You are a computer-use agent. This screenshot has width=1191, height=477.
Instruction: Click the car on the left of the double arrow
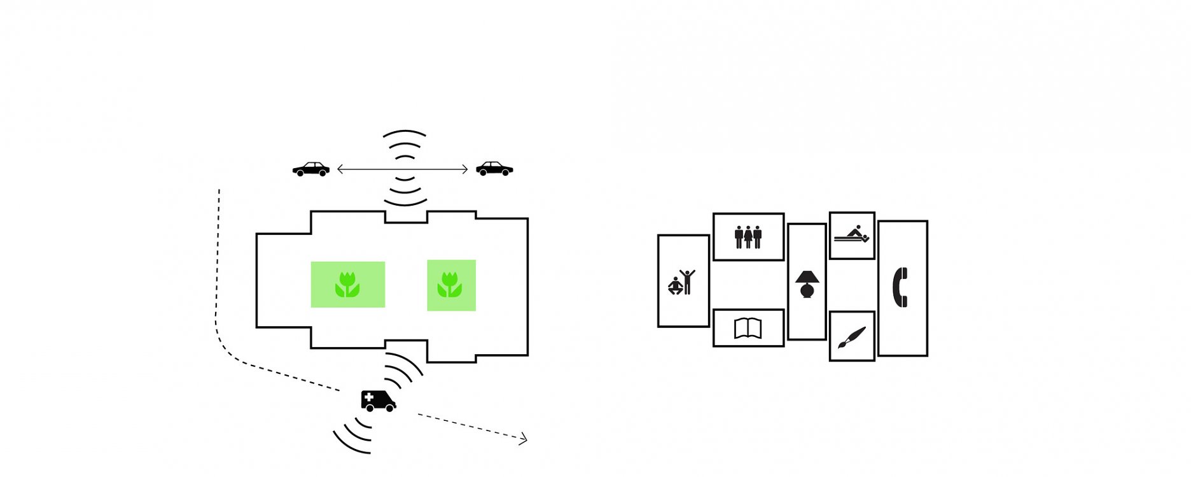pos(311,169)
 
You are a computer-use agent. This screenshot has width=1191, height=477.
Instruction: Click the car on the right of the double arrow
pos(494,169)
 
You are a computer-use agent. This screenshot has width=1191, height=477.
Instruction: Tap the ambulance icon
pos(378,401)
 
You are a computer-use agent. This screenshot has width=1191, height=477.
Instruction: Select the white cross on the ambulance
pos(369,397)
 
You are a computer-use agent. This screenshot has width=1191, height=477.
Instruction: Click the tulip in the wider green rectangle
pos(347,285)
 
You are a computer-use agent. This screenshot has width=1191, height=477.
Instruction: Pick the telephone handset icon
pos(900,287)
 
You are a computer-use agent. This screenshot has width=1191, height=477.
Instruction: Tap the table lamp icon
pos(807,284)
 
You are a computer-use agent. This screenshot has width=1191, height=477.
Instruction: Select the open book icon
pos(748,328)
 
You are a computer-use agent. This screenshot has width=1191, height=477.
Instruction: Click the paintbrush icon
pos(851,338)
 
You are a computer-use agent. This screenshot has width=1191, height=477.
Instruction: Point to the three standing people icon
pos(748,236)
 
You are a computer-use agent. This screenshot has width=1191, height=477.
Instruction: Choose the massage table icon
pos(852,235)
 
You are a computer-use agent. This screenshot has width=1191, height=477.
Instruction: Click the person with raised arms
pos(687,281)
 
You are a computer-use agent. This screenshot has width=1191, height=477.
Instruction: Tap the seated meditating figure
pos(674,287)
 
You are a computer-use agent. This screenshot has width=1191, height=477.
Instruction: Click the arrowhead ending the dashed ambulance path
pos(524,438)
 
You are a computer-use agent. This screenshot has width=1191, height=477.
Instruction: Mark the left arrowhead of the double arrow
pos(340,169)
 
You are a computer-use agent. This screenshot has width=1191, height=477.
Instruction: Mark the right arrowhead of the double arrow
pos(465,169)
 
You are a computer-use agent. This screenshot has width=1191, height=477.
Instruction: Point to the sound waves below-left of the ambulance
pos(353,436)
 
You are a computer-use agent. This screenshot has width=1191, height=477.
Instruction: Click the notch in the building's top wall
pos(406,217)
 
